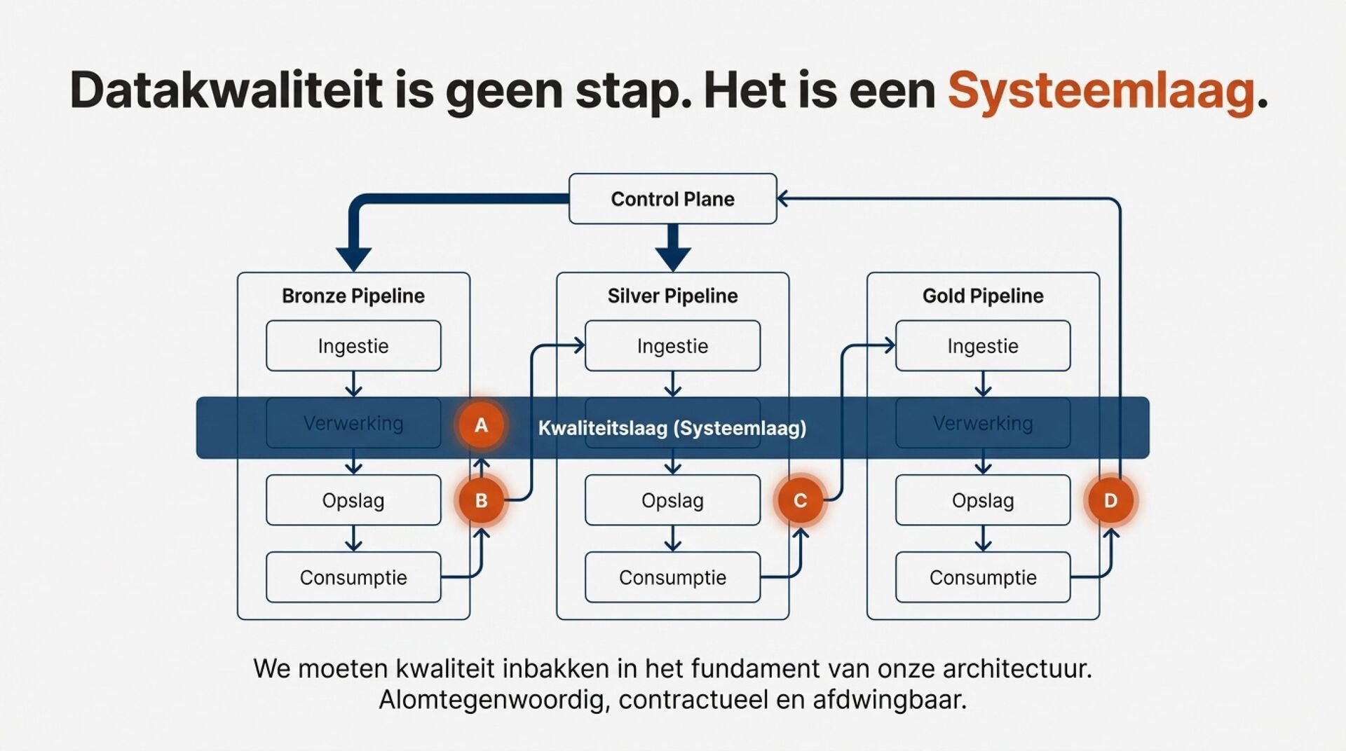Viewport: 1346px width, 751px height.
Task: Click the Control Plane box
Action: coord(672,199)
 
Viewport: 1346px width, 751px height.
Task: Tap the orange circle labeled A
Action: coord(481,425)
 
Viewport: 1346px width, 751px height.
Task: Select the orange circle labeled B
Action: coord(481,501)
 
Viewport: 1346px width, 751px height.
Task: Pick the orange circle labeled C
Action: coord(800,501)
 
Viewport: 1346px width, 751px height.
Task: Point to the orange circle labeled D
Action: coord(1110,501)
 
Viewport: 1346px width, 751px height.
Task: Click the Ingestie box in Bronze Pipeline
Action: coord(353,346)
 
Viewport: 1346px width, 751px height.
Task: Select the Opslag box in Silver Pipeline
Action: coord(672,501)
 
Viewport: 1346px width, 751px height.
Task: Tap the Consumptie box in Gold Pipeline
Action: coord(983,578)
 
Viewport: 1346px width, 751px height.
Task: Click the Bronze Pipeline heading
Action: coord(353,296)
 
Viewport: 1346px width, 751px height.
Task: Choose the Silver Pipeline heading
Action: coord(672,296)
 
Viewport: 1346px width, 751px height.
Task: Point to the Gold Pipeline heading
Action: coord(983,296)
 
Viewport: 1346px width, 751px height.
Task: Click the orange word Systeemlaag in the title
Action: coord(1101,91)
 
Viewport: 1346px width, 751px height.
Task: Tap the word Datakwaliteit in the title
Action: coord(226,91)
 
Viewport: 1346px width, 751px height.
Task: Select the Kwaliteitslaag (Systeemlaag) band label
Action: coord(672,428)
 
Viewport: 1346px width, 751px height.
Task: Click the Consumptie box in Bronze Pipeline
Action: coord(353,578)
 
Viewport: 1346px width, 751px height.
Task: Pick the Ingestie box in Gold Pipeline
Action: coord(983,346)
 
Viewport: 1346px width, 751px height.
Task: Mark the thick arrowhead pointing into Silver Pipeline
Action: coord(673,258)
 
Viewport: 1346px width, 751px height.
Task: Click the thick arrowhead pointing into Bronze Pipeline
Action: coord(353,258)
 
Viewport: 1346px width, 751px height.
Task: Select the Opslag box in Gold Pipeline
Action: coord(983,501)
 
